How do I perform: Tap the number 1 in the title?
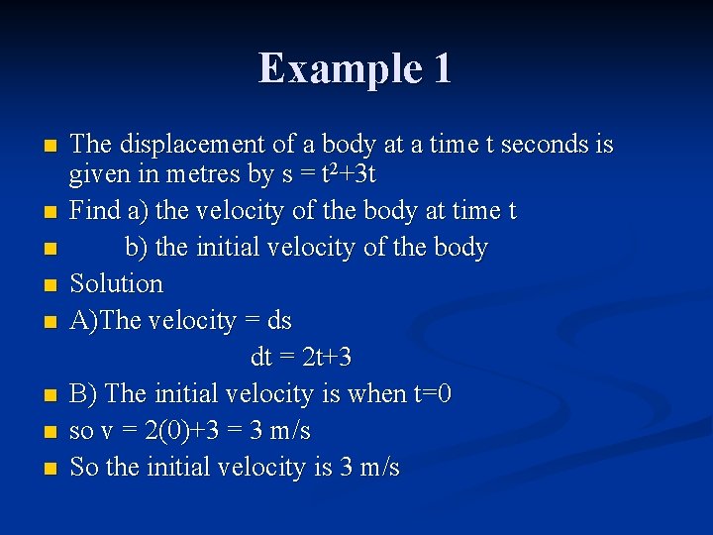442,68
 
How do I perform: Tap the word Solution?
116,283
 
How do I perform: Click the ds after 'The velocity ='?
279,321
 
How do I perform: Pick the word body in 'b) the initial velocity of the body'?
459,247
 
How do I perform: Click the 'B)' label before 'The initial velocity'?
83,394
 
